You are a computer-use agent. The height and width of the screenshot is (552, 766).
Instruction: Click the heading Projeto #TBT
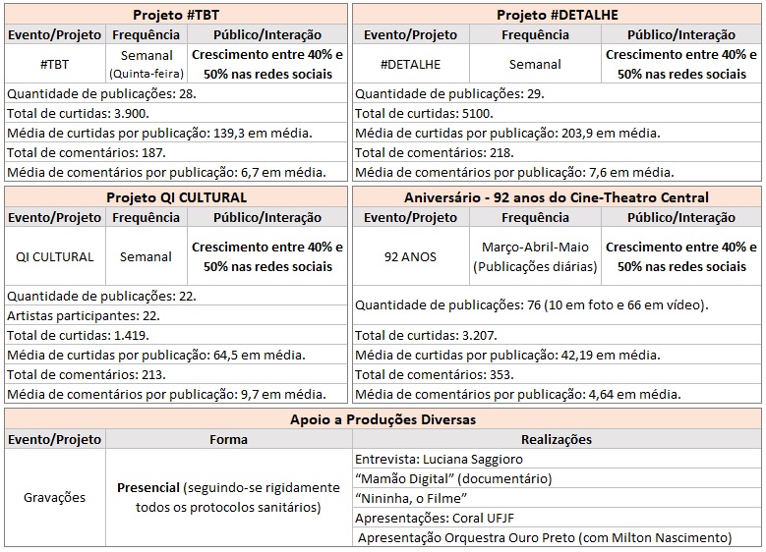click(176, 15)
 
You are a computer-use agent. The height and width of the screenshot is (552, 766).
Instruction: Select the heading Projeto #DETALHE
click(557, 15)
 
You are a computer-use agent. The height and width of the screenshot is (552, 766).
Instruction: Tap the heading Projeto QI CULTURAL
click(176, 197)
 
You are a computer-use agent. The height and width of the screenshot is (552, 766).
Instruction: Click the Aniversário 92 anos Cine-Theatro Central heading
click(557, 197)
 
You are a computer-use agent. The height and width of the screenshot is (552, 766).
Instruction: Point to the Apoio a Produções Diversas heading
click(383, 418)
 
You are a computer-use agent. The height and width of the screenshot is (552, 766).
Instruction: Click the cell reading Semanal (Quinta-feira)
click(145, 64)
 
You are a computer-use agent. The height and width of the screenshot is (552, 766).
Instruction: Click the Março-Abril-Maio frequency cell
click(535, 256)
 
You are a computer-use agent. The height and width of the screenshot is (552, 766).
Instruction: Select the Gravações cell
click(54, 497)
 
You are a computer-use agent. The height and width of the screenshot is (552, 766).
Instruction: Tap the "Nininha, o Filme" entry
click(411, 497)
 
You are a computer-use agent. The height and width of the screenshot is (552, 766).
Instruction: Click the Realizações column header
click(556, 439)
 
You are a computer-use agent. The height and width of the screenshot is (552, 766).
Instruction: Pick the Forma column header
click(227, 439)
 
